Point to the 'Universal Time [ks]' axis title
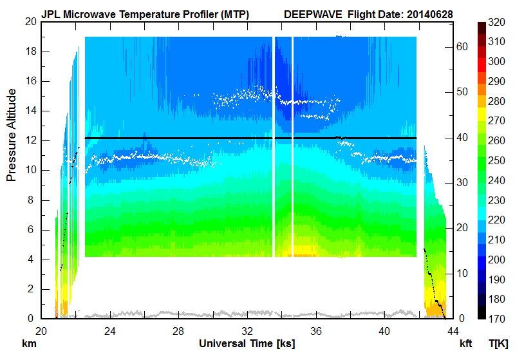tap(247, 344)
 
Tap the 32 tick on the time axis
tap(247, 331)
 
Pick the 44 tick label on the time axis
tap(453, 331)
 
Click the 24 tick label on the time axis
tap(110, 331)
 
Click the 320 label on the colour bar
tap(497, 21)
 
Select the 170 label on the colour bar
tap(497, 319)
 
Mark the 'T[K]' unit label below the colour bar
tap(498, 344)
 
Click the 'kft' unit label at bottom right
tap(465, 344)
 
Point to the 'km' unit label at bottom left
tap(29, 344)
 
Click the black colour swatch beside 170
tap(482, 314)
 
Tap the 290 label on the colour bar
tap(497, 81)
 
